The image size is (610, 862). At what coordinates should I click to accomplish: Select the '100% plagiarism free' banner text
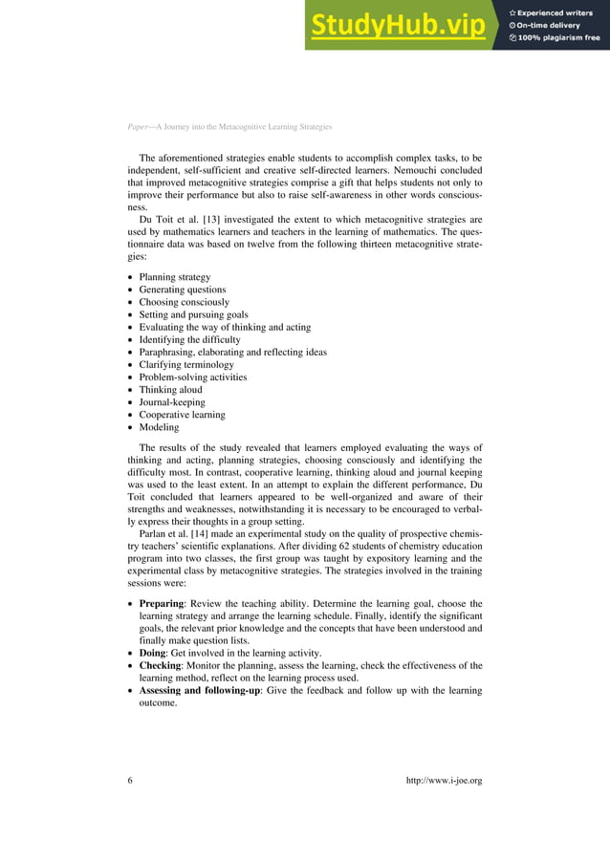tap(555, 38)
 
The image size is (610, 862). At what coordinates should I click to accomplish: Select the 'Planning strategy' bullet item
tap(175, 277)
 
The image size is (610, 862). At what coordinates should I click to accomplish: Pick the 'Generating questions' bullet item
tap(183, 290)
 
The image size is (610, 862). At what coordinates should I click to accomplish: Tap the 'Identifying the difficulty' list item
tap(190, 339)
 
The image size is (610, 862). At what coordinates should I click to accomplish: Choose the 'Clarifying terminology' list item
tap(186, 364)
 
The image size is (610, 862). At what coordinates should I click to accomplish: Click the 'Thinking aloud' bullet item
tap(171, 390)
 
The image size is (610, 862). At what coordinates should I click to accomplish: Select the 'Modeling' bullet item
tap(161, 427)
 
